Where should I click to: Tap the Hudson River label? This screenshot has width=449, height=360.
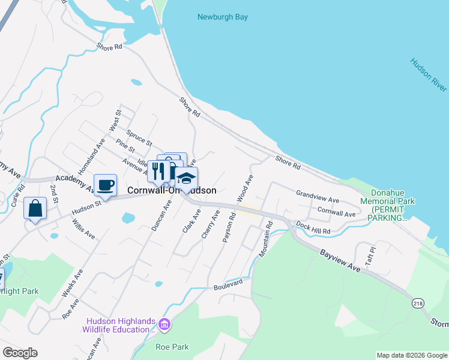[x=429, y=74]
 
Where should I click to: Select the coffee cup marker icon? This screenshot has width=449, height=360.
[x=106, y=185]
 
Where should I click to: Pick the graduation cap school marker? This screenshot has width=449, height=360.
[x=187, y=178]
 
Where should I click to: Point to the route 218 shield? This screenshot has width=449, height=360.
[x=417, y=304]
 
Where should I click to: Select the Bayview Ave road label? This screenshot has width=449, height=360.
[x=340, y=262]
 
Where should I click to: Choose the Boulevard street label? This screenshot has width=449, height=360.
[x=229, y=284]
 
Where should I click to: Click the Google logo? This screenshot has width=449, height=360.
[x=20, y=353]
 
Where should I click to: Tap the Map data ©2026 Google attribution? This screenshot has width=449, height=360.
[x=412, y=355]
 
